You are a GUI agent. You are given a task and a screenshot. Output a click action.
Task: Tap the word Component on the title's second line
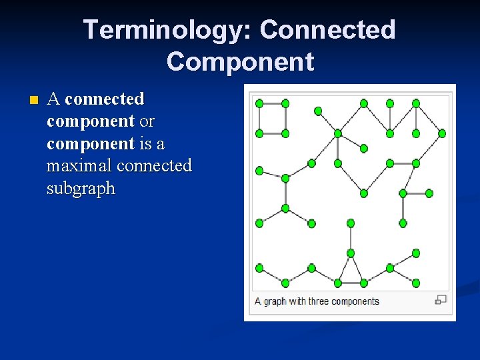pyautogui.click(x=240, y=61)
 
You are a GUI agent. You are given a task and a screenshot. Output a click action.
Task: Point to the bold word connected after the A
pyautogui.click(x=105, y=99)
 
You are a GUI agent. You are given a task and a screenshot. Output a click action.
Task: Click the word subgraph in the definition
pyautogui.click(x=81, y=188)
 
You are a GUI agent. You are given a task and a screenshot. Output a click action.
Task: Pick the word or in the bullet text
pyautogui.click(x=147, y=121)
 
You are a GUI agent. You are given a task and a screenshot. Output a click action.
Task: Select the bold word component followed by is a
pyautogui.click(x=91, y=143)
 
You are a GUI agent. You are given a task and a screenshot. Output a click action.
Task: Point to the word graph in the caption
pyautogui.click(x=275, y=301)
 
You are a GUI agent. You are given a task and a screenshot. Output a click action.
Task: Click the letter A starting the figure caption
pyautogui.click(x=258, y=301)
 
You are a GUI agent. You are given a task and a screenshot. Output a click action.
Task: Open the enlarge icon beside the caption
pyautogui.click(x=441, y=300)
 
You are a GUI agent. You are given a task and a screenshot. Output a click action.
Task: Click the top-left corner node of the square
pyautogui.click(x=259, y=103)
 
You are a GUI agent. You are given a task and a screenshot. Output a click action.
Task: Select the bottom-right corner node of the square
pyautogui.click(x=285, y=133)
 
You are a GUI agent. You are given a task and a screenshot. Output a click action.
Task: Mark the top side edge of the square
pyautogui.click(x=272, y=103)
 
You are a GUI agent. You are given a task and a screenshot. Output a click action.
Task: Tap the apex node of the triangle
pyautogui.click(x=351, y=253)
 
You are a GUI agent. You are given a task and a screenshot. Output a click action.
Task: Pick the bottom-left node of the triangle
pyautogui.click(x=338, y=283)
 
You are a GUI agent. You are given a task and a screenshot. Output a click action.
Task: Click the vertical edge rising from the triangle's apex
pyautogui.click(x=351, y=238)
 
